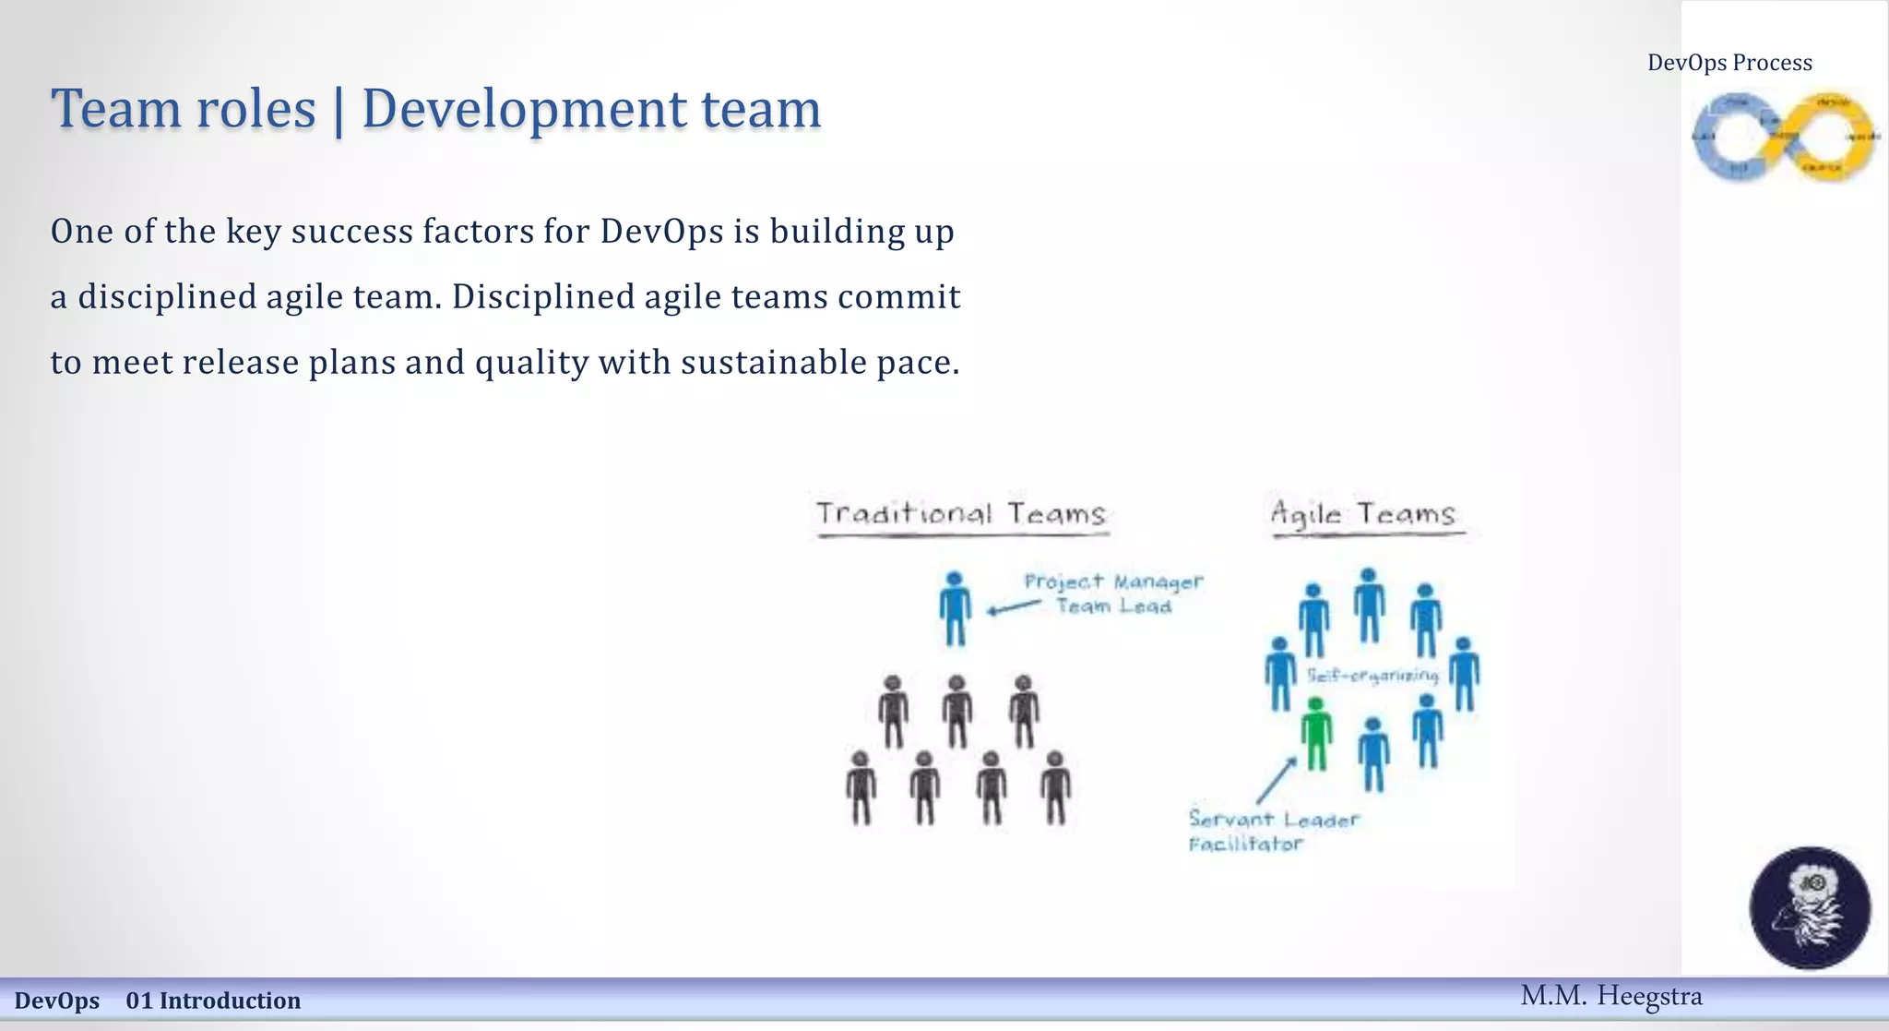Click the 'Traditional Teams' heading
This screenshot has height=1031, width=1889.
(961, 513)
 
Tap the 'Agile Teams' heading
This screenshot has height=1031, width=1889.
(1363, 513)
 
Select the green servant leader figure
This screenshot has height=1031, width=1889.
(1316, 733)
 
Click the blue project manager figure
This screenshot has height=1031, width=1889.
(955, 607)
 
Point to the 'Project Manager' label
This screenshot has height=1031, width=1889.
(1113, 581)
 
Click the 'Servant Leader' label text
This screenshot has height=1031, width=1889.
(1274, 819)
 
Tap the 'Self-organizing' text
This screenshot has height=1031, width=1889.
(1372, 676)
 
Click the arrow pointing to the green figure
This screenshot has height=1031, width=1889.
(1276, 781)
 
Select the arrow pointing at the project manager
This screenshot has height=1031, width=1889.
(1013, 607)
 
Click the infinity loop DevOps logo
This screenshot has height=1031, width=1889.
(1784, 137)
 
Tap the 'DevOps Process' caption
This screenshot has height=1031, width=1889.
(1729, 63)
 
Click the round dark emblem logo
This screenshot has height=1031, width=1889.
(1810, 907)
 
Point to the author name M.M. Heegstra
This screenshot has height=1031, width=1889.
(1610, 996)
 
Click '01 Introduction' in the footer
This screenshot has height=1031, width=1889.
(213, 1001)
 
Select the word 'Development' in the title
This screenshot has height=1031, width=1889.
(523, 109)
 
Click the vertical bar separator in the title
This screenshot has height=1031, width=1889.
(339, 111)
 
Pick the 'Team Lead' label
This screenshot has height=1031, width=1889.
(1113, 606)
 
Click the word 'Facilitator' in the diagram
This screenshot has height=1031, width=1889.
(1245, 844)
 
